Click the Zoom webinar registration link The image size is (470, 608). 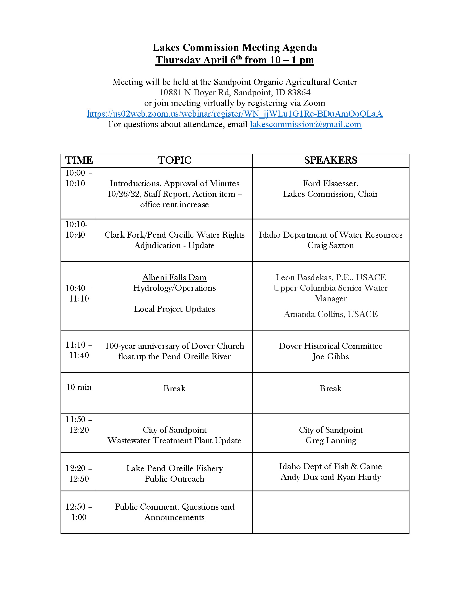(235, 114)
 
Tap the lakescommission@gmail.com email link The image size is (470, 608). (305, 124)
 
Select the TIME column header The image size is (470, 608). (79, 160)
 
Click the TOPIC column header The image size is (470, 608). (174, 160)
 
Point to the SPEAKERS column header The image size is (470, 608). (330, 160)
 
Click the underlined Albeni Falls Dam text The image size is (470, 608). (174, 277)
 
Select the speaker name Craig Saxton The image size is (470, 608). (330, 245)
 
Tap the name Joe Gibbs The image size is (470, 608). (330, 356)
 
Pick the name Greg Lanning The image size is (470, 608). (331, 441)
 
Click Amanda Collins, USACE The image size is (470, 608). (331, 314)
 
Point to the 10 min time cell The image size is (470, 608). (79, 387)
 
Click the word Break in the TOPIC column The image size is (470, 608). (174, 388)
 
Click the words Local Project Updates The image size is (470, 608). (174, 309)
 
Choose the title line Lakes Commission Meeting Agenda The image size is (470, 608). (235, 48)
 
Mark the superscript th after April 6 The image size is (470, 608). (239, 57)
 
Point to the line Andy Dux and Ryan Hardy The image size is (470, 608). (331, 477)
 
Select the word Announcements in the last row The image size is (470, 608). (174, 517)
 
